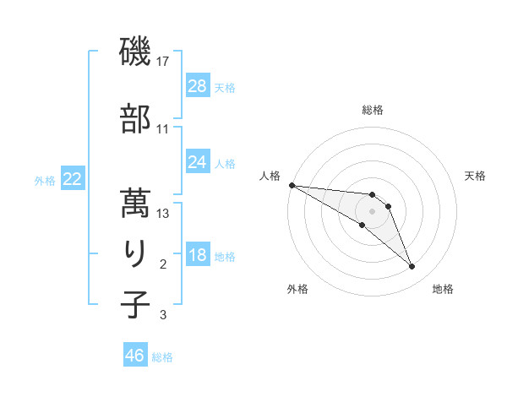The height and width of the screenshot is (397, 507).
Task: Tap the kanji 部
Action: click(x=135, y=119)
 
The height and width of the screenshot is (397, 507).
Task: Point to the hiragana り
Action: click(x=135, y=254)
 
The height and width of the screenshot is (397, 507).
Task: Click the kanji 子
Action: click(x=135, y=304)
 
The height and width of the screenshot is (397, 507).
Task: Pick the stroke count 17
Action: click(x=163, y=62)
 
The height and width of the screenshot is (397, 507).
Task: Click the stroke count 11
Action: click(x=163, y=128)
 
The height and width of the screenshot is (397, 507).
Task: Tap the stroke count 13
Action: click(x=163, y=214)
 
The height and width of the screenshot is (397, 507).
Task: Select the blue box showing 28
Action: click(x=198, y=86)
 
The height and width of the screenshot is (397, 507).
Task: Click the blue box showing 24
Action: click(x=198, y=162)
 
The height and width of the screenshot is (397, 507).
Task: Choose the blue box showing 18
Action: click(x=198, y=255)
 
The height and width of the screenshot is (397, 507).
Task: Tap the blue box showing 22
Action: click(x=73, y=179)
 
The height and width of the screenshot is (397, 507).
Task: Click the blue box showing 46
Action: click(x=135, y=356)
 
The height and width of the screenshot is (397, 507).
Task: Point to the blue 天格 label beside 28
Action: click(x=225, y=87)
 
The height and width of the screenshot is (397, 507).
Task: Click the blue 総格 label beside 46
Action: click(x=162, y=356)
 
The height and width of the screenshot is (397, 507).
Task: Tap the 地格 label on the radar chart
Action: click(x=443, y=289)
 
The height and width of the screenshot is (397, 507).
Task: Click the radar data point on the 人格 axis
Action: click(x=292, y=185)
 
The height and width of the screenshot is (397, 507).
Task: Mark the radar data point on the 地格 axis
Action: click(x=412, y=267)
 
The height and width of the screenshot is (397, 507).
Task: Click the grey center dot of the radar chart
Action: click(x=372, y=211)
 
